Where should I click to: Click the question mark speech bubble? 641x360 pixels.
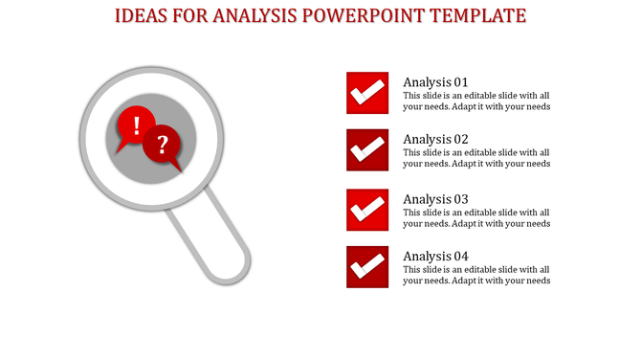[163, 146]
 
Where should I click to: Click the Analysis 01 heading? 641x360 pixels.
[435, 82]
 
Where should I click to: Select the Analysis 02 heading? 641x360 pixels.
[435, 139]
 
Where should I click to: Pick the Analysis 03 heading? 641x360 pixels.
[435, 199]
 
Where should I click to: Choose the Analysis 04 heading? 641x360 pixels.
[435, 257]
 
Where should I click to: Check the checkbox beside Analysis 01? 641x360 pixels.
[366, 93]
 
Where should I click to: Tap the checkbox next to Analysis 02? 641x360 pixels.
[366, 150]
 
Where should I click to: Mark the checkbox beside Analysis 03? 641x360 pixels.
[366, 210]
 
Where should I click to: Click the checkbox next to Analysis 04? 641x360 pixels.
[366, 267]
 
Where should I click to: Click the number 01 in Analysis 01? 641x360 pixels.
[459, 82]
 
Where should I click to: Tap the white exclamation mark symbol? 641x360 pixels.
[138, 124]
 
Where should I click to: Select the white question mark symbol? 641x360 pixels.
[164, 145]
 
